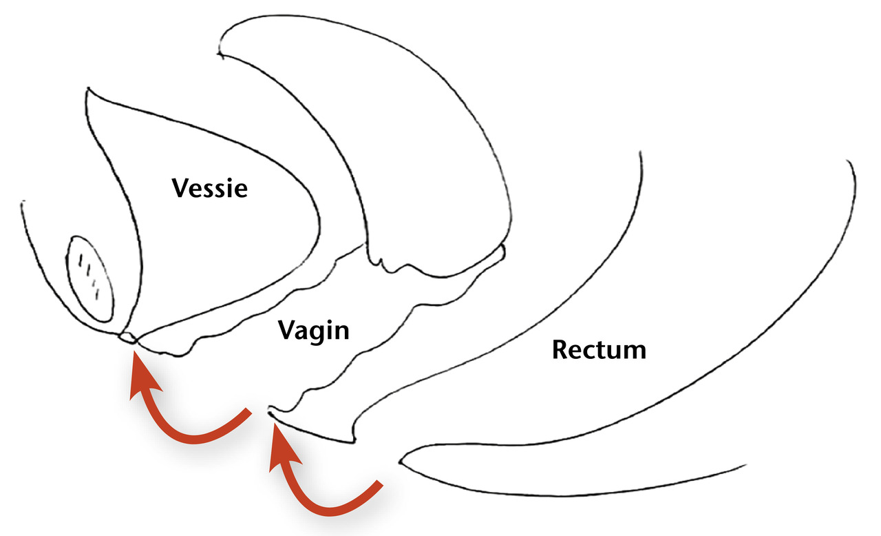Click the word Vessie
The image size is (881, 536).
point(209,187)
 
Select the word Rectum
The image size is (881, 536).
point(599,350)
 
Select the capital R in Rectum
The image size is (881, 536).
point(559,350)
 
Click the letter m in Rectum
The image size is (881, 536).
point(635,351)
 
